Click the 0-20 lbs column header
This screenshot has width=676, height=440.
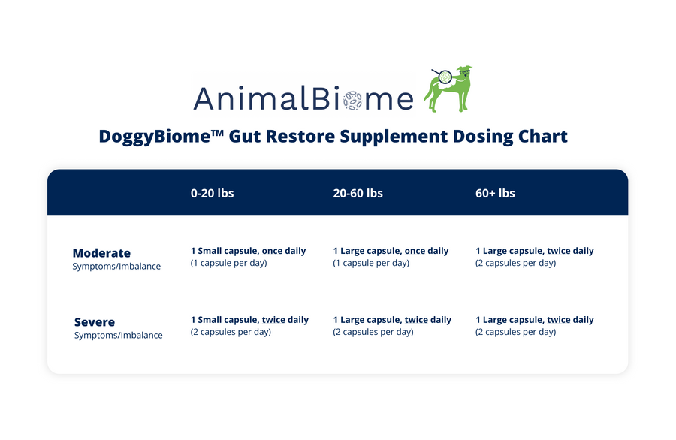coord(212,193)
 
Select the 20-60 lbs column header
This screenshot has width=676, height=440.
coord(358,193)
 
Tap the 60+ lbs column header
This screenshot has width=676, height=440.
coord(495,193)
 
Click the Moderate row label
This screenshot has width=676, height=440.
coord(101,253)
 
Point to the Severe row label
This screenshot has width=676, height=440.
coord(95,322)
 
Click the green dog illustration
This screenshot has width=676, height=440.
coord(448,89)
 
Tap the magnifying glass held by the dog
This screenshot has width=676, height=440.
coord(442,76)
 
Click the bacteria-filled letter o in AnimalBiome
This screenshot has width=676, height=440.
coord(353,101)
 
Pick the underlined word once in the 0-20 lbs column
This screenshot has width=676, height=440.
coord(272,251)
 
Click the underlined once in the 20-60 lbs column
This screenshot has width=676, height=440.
coord(415,251)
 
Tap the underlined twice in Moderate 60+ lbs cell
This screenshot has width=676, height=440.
coord(559,251)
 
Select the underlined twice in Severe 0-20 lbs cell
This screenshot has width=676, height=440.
coord(273,320)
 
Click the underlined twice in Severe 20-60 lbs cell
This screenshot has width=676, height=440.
coord(416,320)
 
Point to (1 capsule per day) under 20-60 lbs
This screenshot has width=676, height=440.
coord(371,263)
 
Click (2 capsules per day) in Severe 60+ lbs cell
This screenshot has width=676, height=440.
coord(515,332)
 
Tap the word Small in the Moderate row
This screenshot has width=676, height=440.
coord(210,251)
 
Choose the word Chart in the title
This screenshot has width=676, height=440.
coord(543,137)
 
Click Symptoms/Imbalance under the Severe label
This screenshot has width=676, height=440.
coord(118,336)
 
